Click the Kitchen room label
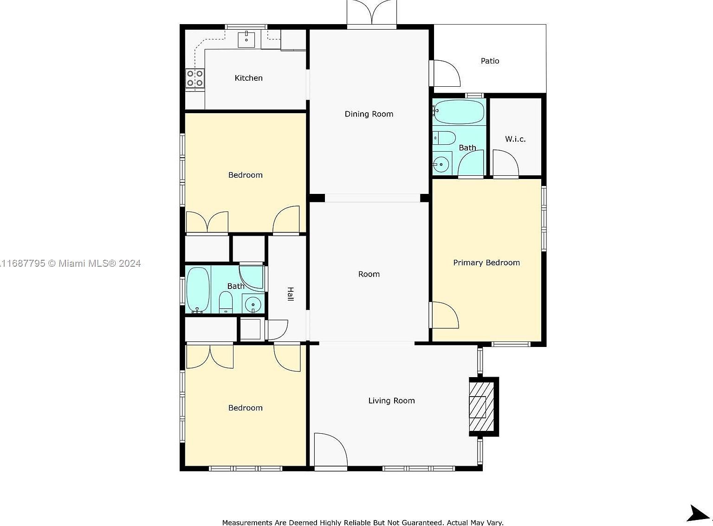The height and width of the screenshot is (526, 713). [x=248, y=78]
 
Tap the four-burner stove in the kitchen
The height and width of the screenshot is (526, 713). [x=195, y=78]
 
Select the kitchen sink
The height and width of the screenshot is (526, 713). [x=246, y=39]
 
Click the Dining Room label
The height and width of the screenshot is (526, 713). [x=369, y=114]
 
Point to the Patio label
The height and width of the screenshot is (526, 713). [x=490, y=61]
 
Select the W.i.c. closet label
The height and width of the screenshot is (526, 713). [x=515, y=139]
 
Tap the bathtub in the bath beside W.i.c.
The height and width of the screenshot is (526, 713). [x=459, y=112]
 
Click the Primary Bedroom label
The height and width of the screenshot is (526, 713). [x=486, y=263]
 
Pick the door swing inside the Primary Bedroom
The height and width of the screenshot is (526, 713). [x=443, y=315]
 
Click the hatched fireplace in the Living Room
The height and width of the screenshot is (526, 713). [x=481, y=407]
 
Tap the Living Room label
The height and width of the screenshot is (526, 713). [x=391, y=401]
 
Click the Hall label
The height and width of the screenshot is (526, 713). [x=290, y=294]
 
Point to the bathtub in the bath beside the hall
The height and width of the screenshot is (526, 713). [x=198, y=289]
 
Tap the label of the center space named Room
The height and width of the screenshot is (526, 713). [x=369, y=274]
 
